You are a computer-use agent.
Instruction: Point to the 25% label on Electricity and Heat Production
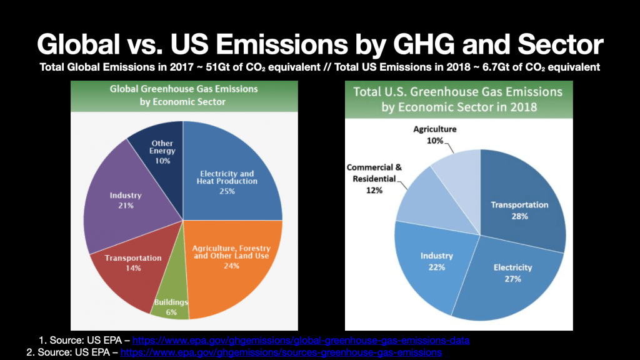(227, 191)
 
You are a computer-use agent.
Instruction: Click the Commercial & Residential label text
(374, 173)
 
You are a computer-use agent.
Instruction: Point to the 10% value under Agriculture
(436, 141)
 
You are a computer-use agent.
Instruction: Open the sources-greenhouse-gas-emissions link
(281, 352)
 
